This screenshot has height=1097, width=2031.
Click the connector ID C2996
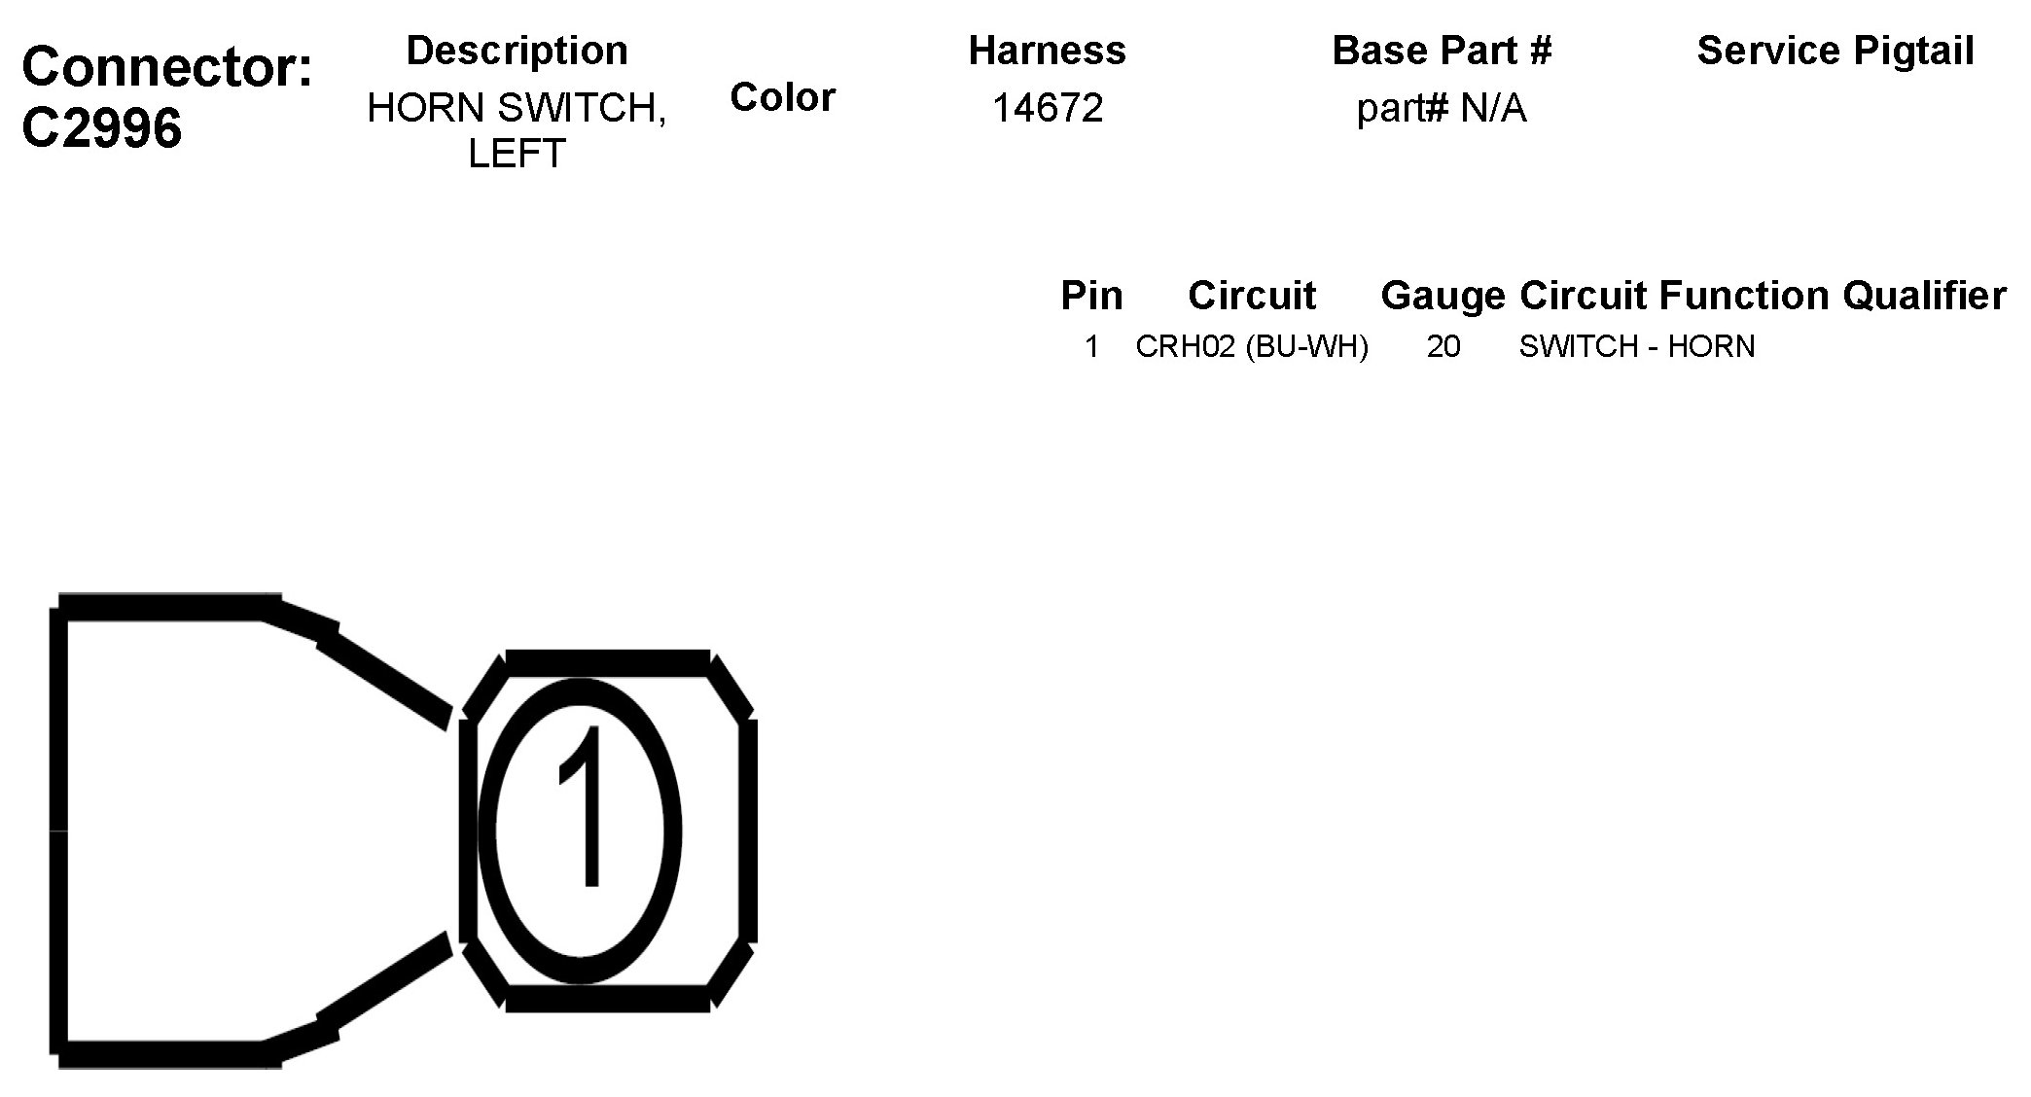point(101,127)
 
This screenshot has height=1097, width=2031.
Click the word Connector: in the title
point(167,67)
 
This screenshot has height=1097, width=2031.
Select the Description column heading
point(517,51)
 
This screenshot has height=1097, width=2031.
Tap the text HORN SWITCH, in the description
point(517,108)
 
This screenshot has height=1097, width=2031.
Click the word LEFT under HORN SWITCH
point(517,154)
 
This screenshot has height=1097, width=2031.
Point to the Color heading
point(782,97)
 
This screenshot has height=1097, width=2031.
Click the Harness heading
point(1047,51)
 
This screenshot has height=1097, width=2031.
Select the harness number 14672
point(1047,108)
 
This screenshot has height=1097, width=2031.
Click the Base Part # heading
point(1442,51)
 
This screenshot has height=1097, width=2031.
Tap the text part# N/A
point(1442,109)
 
